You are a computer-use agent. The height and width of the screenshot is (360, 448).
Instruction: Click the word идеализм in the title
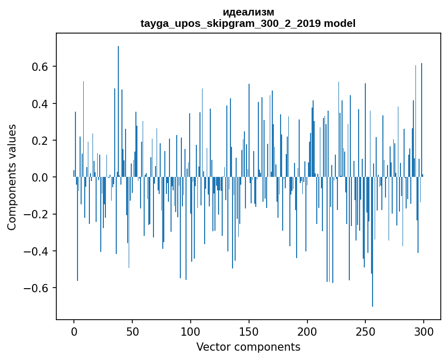pos(248,12)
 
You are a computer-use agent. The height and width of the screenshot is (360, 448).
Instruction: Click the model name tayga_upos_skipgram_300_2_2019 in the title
pos(230,24)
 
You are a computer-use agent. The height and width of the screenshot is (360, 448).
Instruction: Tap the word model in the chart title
pos(339,24)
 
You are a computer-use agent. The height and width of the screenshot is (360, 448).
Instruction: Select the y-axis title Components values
pos(12,177)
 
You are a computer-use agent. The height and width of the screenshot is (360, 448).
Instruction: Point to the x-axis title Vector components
pos(248,347)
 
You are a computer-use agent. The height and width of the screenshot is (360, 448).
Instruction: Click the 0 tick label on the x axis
pos(74,331)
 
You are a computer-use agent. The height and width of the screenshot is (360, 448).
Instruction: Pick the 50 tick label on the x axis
pos(132,331)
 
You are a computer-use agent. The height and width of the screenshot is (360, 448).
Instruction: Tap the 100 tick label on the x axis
pos(191,331)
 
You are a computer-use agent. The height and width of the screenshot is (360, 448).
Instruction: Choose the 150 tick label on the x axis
pos(249,331)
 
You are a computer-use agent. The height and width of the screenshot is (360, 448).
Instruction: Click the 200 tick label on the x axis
pos(307,331)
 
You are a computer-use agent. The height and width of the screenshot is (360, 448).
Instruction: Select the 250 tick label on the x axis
pos(365,331)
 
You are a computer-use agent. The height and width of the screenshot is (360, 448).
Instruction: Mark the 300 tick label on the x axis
pos(424,331)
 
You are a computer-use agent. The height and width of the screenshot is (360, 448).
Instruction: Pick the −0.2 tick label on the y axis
pos(38,214)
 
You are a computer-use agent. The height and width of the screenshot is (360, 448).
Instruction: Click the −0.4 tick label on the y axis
pos(38,251)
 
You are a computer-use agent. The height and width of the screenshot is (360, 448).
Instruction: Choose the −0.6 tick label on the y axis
pos(38,288)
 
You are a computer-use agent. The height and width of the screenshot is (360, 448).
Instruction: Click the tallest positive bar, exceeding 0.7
pos(118,103)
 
